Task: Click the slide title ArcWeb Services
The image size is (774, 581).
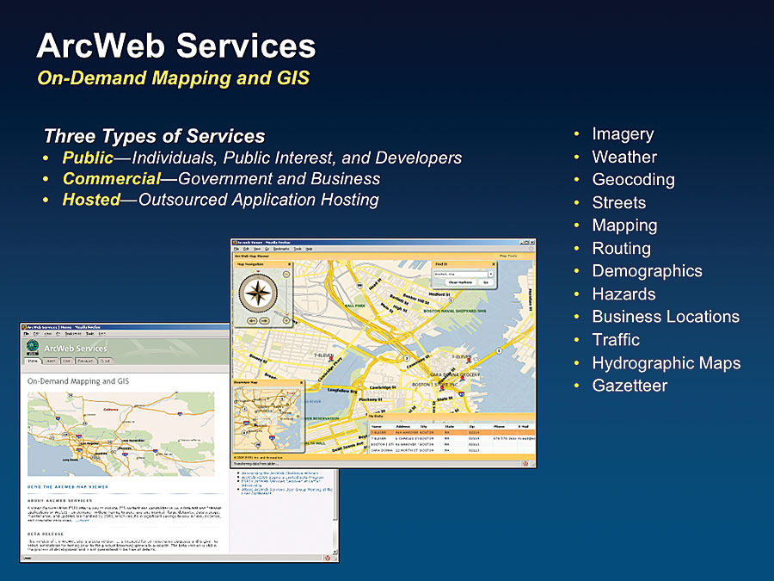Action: click(175, 45)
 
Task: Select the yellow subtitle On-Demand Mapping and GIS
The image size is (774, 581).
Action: click(173, 78)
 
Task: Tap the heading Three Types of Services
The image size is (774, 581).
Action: click(154, 136)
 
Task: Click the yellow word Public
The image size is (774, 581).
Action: click(88, 158)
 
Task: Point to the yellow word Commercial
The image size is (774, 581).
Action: click(111, 179)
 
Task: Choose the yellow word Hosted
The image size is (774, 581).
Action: click(90, 200)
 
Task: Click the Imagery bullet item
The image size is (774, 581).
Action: click(623, 134)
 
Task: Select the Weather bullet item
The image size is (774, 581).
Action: click(624, 158)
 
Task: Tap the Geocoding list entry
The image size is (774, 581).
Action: click(633, 180)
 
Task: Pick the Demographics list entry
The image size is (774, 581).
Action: click(647, 271)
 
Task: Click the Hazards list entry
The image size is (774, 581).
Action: click(623, 294)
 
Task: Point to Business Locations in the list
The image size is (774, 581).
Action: click(666, 317)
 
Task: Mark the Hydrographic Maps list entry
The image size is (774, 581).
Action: click(666, 362)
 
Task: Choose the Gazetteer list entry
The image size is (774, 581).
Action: click(630, 386)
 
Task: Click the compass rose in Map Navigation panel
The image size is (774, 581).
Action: click(258, 293)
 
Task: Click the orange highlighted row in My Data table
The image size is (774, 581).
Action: click(451, 432)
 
